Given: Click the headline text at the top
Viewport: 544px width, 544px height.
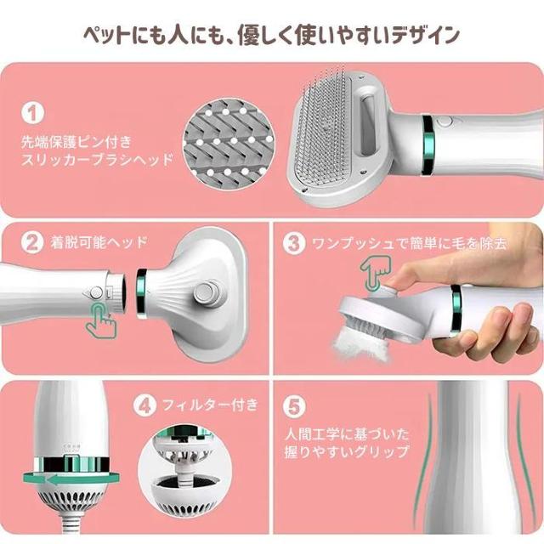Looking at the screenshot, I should pyautogui.click(x=272, y=35).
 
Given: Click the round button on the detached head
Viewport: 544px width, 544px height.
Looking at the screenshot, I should pyautogui.click(x=204, y=295).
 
